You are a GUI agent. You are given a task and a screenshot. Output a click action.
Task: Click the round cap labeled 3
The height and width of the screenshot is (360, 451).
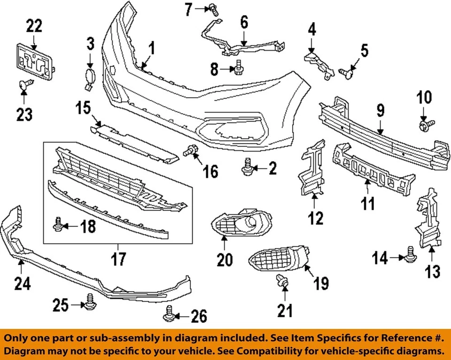[89, 76]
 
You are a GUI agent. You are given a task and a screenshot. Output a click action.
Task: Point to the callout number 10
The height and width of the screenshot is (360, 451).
[424, 98]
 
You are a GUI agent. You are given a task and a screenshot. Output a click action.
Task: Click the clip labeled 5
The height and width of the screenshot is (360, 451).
[347, 72]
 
